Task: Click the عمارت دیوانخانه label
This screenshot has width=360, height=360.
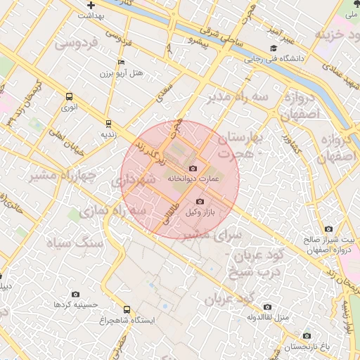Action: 190,179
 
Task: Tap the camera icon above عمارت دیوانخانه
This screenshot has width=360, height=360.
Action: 193,169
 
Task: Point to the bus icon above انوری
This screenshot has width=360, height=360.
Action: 70,97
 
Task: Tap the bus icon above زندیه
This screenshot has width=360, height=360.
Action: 108,122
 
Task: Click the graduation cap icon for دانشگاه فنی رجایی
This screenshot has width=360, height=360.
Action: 272,49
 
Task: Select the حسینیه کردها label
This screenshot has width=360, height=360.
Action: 75,304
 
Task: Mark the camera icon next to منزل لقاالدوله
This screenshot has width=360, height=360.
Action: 267,307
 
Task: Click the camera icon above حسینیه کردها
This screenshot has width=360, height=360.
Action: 75,295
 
